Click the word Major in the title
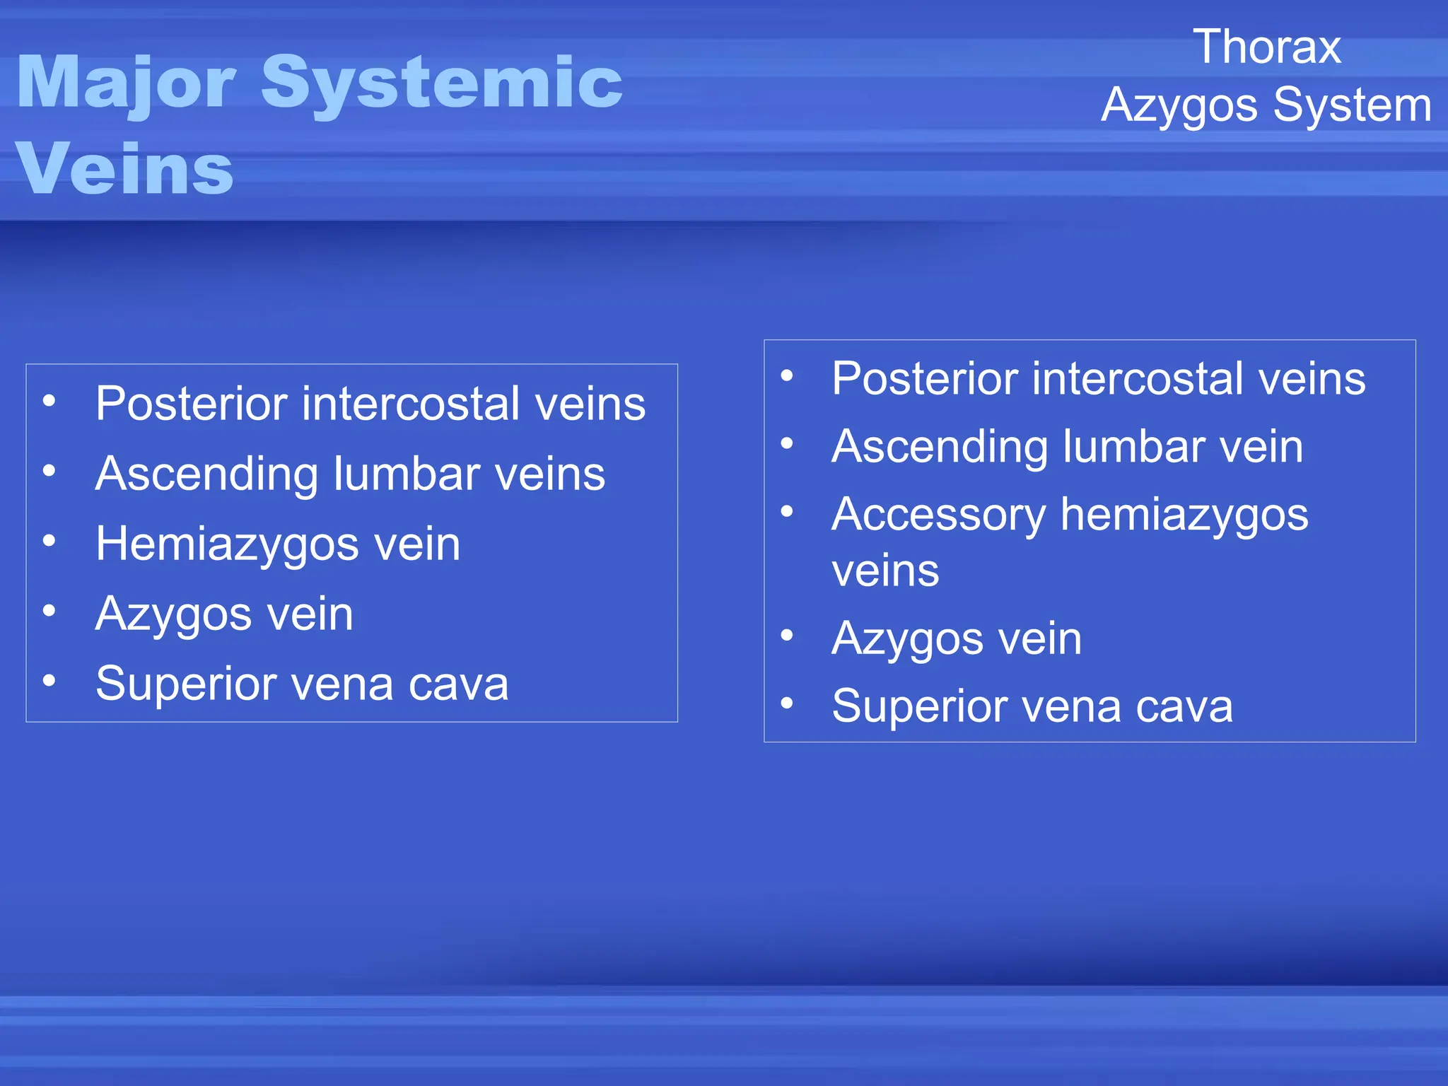click(x=126, y=83)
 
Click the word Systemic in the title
click(x=442, y=83)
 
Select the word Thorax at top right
click(x=1267, y=47)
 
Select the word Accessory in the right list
click(x=938, y=515)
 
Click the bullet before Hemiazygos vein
click(x=49, y=541)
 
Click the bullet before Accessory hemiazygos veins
click(x=787, y=511)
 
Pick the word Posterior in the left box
click(x=192, y=404)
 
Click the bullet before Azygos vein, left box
click(x=49, y=610)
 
